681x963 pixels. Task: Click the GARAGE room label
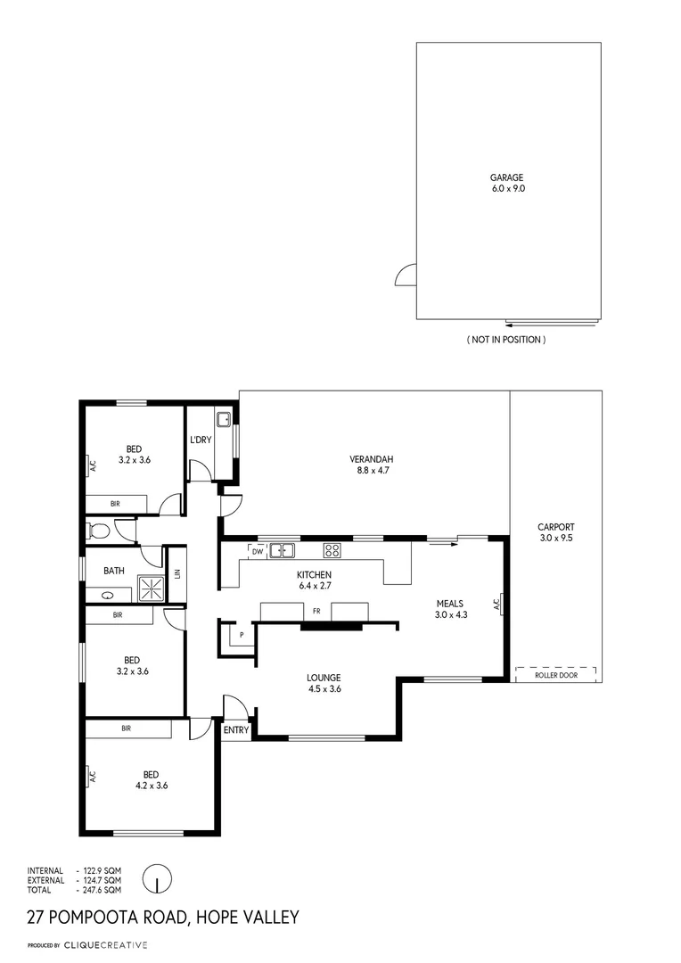coord(506,177)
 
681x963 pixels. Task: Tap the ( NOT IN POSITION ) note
coord(506,340)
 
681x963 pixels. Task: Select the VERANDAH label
coord(367,460)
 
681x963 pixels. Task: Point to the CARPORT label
coord(556,527)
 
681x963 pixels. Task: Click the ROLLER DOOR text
coord(556,676)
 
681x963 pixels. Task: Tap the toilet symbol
coord(99,531)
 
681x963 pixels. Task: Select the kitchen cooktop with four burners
coord(332,550)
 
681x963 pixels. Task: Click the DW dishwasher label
coord(257,552)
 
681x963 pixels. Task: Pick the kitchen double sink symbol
coord(283,550)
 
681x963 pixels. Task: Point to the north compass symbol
coord(157,878)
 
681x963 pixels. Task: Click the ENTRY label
coord(236,730)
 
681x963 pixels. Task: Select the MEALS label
coord(450,604)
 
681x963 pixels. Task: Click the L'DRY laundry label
coord(201,440)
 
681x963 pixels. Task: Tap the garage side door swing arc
coord(406,276)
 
